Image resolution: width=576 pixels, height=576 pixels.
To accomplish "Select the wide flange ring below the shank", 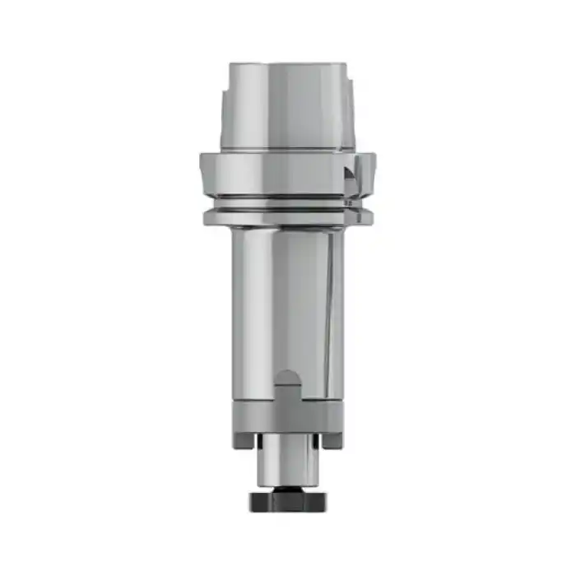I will pyautogui.click(x=280, y=173).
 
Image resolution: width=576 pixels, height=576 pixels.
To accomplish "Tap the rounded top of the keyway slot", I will pyautogui.click(x=287, y=377).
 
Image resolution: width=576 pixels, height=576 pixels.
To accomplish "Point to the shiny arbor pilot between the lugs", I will pyautogui.click(x=287, y=461).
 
